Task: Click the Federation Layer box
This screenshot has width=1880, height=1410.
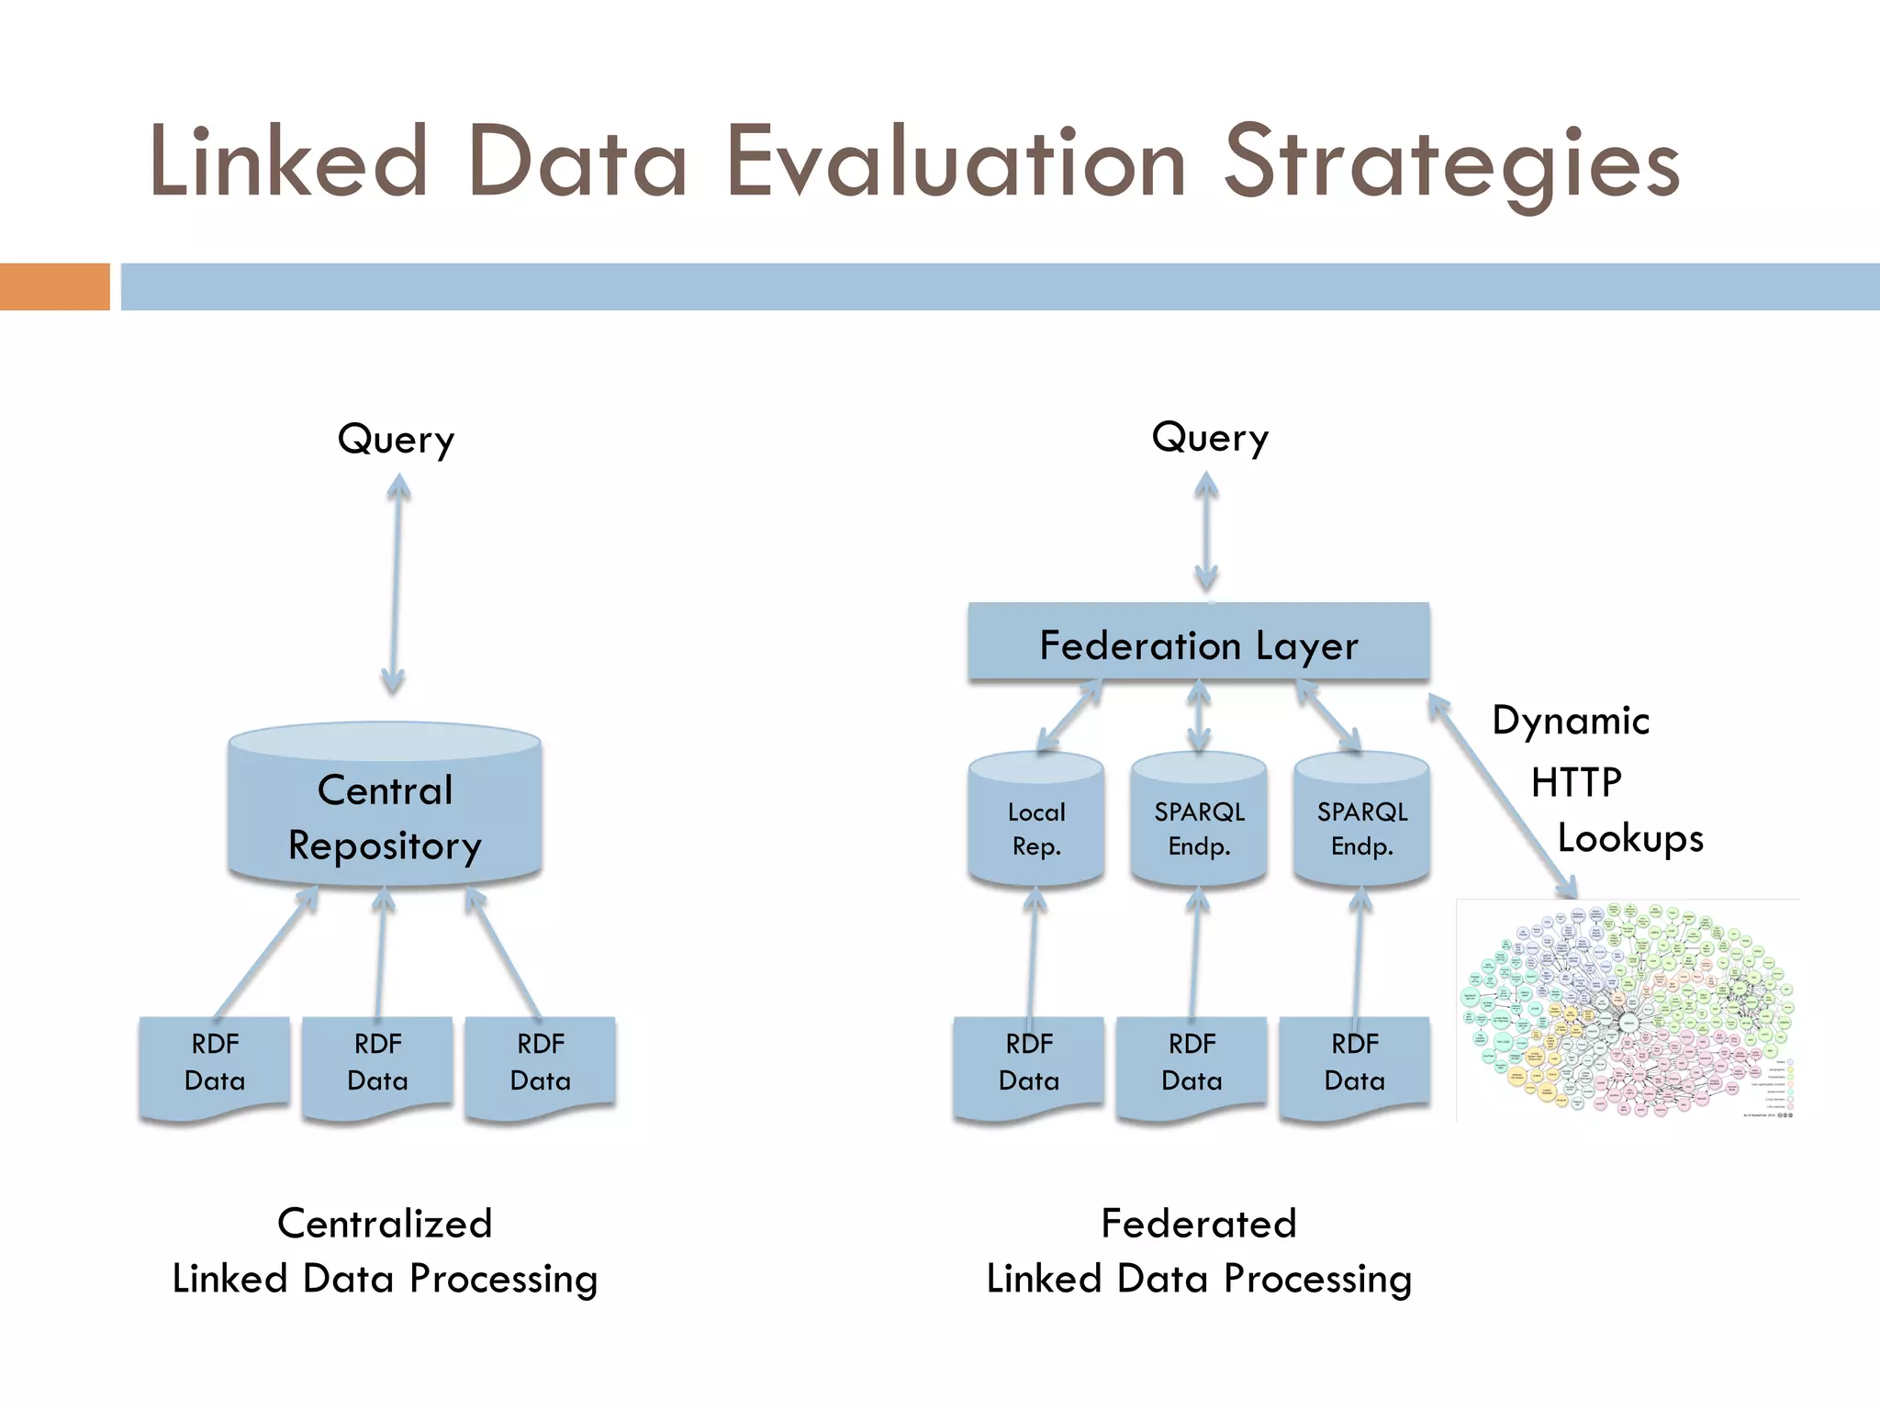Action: point(1198,642)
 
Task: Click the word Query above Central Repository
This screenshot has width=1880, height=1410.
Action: point(396,440)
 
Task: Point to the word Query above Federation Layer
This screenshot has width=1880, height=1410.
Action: point(1210,438)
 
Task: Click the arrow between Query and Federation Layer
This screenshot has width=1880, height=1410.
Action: point(1206,532)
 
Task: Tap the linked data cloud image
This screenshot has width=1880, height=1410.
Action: point(1627,1010)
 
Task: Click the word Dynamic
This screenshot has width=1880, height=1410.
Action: point(1570,721)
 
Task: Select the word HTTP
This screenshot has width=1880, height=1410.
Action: point(1576,782)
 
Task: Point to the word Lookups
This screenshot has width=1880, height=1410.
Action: point(1629,838)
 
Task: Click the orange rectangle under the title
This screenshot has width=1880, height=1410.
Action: point(54,286)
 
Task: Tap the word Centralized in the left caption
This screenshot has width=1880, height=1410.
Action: point(385,1224)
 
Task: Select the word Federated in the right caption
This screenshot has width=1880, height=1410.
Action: point(1198,1224)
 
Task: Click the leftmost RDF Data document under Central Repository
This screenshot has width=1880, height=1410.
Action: point(214,1065)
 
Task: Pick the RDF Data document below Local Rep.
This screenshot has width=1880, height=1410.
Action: point(1028,1065)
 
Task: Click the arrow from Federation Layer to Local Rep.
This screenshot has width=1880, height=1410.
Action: point(1069,716)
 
